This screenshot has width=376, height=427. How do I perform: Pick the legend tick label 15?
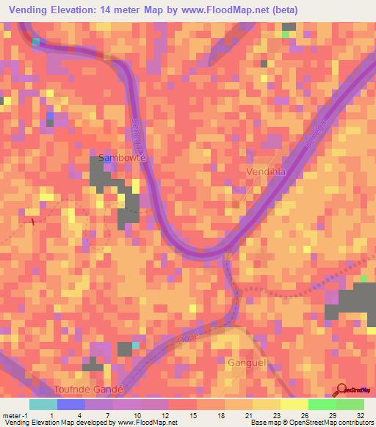coord(173,415)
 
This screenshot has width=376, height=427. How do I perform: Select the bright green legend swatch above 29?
coord(322,404)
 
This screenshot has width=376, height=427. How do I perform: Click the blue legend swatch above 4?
coord(71,404)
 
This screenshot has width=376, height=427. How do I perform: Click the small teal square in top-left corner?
coord(35,42)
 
